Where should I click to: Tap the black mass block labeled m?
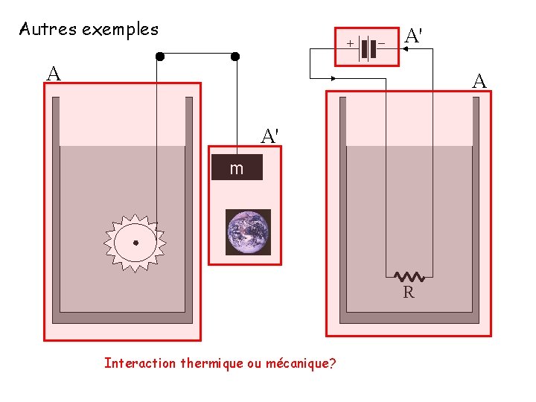click(x=237, y=167)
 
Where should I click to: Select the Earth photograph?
click(x=248, y=232)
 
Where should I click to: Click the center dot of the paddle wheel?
click(x=135, y=243)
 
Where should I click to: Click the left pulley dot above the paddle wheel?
click(x=159, y=56)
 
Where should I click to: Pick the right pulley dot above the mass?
click(x=235, y=56)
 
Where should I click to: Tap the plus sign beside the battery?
click(x=349, y=44)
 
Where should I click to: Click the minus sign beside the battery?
click(x=381, y=44)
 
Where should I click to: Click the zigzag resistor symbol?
click(x=409, y=277)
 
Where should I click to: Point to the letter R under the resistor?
click(x=409, y=293)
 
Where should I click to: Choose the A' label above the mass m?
click(x=270, y=136)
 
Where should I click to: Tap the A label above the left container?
click(x=53, y=74)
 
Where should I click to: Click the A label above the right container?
click(x=480, y=81)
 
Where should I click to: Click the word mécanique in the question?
click(x=297, y=363)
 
